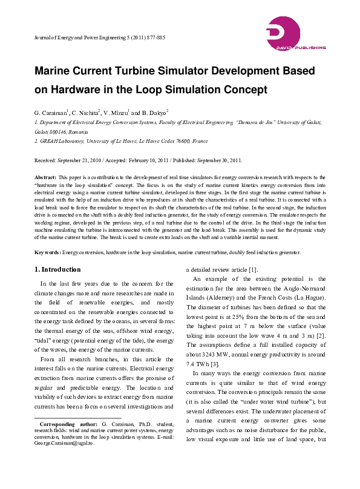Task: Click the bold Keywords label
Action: click(x=47, y=252)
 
